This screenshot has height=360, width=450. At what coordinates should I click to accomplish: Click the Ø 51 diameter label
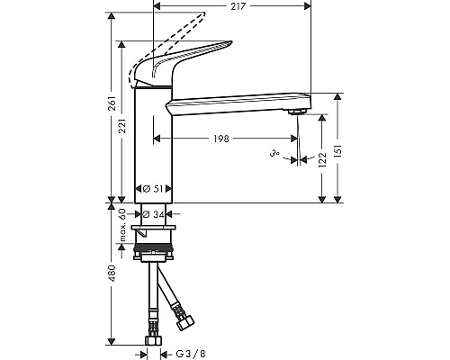point(152,189)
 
